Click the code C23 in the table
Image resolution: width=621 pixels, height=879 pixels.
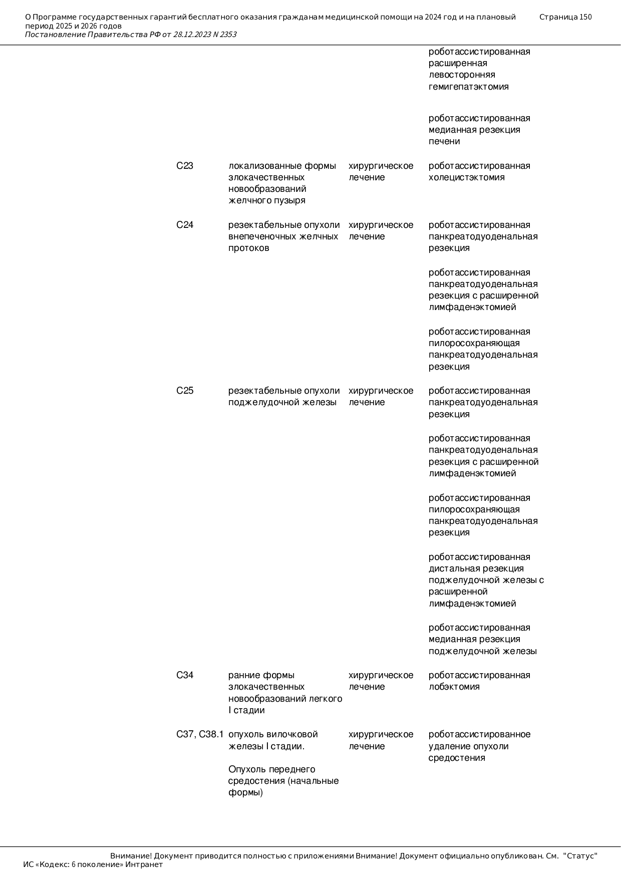[x=185, y=166]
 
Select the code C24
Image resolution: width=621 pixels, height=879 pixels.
[x=185, y=225]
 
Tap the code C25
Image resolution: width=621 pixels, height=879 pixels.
[x=185, y=391]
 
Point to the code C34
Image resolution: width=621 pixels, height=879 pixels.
[x=185, y=676]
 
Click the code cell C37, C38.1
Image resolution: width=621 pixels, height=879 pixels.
[x=200, y=735]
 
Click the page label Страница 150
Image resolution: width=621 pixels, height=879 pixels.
[x=565, y=17]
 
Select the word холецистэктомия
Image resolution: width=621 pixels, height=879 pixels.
[x=467, y=178]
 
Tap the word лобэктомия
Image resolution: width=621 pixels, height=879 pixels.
[x=454, y=687]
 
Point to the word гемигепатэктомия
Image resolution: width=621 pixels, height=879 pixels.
[x=469, y=87]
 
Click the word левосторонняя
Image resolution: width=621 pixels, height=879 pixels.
[x=462, y=75]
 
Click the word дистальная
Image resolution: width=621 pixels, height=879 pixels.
[x=451, y=569]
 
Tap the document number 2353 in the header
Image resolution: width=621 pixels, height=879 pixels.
[x=228, y=35]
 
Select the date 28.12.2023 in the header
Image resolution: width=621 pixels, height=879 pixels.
[x=192, y=35]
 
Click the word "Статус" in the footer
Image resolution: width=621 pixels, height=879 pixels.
[x=580, y=856]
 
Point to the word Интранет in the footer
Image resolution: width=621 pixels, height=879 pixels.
[x=144, y=864]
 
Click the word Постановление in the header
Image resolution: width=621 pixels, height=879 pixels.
[x=55, y=35]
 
